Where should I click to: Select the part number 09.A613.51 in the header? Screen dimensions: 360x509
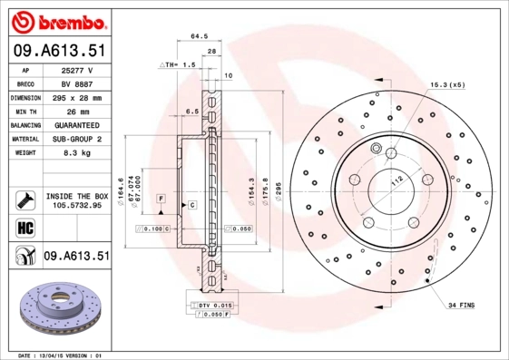[x=56, y=51]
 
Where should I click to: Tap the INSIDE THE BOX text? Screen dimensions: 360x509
[x=77, y=195]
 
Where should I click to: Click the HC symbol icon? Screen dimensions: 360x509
[x=24, y=227]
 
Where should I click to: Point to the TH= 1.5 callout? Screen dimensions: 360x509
[x=178, y=65]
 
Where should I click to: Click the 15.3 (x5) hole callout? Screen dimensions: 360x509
[x=446, y=84]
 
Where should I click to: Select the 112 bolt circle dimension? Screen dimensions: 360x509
[x=396, y=181]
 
